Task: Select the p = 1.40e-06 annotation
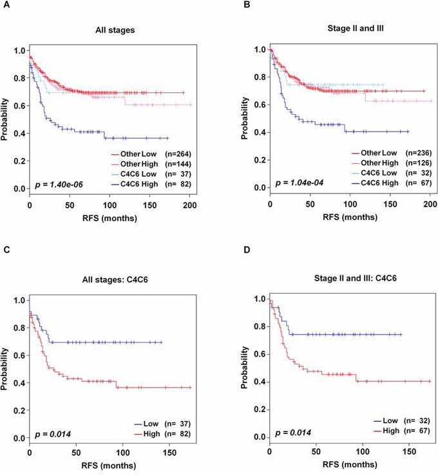coord(60,184)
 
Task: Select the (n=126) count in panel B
coord(412,163)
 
